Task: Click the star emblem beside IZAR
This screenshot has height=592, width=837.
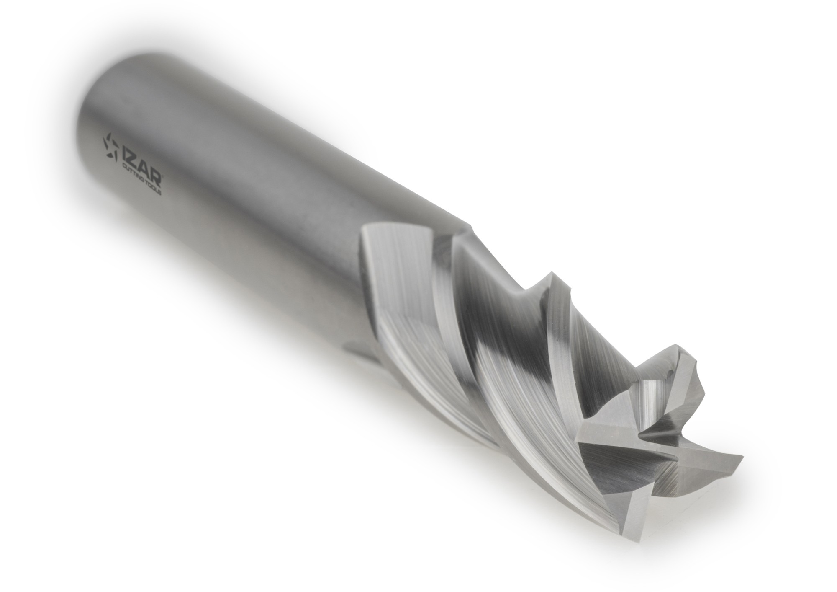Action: [111, 147]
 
